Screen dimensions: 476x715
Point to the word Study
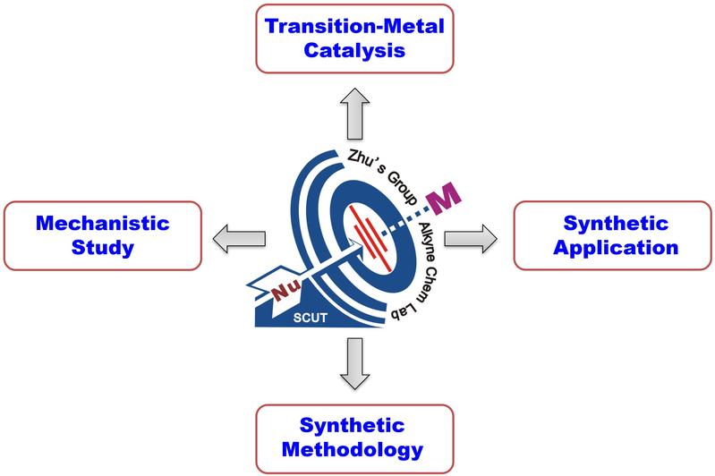click(103, 248)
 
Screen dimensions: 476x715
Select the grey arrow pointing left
click(235, 236)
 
